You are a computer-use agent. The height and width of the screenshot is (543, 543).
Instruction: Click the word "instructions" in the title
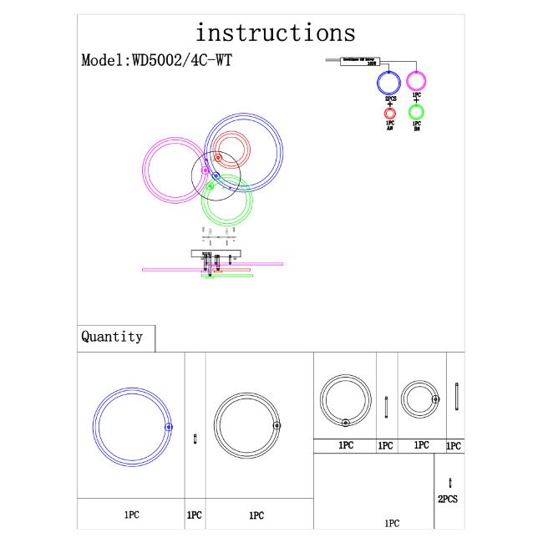coord(275,33)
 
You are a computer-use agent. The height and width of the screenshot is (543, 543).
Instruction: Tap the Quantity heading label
coord(112,337)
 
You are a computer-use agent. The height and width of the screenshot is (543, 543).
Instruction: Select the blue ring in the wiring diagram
coord(389,83)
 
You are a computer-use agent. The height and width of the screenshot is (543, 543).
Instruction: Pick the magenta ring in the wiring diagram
coord(416,81)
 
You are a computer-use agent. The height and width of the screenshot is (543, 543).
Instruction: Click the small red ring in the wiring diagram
coord(389,113)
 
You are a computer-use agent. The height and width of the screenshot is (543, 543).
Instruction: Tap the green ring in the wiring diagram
coord(416,112)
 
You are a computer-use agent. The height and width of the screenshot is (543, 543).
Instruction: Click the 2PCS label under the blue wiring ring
coord(389,98)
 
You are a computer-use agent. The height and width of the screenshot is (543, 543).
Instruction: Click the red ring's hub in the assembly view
coord(218,157)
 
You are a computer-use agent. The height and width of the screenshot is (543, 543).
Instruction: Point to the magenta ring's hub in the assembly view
coord(206,170)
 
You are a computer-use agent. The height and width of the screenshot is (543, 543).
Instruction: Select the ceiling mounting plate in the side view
coord(216,251)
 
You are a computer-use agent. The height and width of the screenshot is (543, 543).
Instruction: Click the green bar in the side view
coord(227,275)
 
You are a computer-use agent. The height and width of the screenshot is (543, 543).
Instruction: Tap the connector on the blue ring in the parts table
coord(169,427)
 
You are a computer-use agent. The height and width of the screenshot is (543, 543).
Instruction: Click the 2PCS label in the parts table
coord(449,499)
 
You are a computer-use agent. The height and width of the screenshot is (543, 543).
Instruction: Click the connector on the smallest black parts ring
coord(434,399)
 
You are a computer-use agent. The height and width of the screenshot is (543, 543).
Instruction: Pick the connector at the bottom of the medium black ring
coord(345,422)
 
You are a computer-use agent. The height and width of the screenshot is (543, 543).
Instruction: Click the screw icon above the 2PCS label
coord(450,482)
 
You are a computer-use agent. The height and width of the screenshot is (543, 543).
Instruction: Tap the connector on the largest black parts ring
coord(277,426)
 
